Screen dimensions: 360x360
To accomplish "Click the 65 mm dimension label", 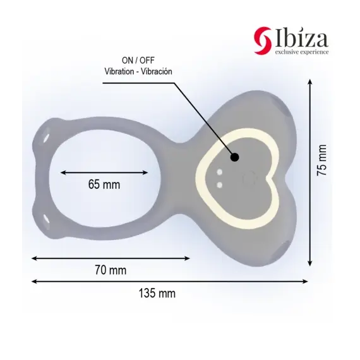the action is pyautogui.click(x=104, y=184).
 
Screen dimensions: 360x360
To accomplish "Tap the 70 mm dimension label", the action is pyautogui.click(x=111, y=270).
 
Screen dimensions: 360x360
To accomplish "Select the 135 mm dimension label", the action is pyautogui.click(x=157, y=294).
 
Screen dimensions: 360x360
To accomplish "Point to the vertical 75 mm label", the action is pyautogui.click(x=321, y=160).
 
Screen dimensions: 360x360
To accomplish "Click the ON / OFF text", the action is pyautogui.click(x=138, y=61).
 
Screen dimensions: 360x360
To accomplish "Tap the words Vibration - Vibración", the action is pyautogui.click(x=138, y=71).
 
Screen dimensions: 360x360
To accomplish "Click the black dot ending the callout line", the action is pyautogui.click(x=235, y=157).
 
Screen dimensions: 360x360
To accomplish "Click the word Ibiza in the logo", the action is pyautogui.click(x=301, y=39).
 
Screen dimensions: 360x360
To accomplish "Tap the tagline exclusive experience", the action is pyautogui.click(x=302, y=52).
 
